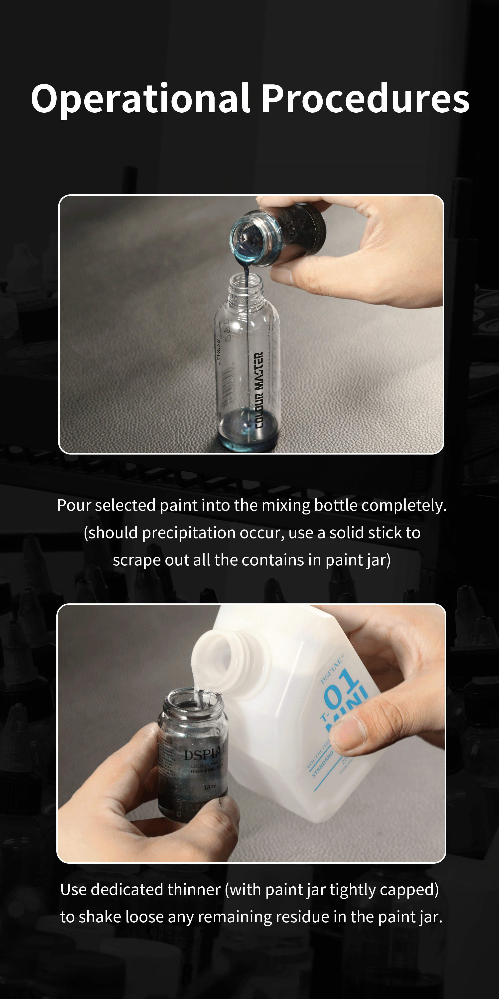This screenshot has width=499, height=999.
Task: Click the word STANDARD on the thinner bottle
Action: pos(322,764)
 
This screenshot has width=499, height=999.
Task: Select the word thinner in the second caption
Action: pos(194,890)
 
